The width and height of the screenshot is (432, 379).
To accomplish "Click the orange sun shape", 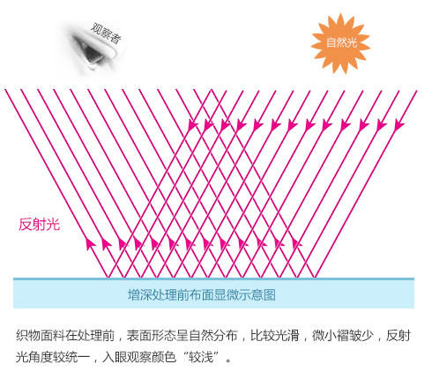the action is click(340, 43).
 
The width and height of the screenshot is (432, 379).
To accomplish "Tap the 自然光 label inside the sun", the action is click(341, 42).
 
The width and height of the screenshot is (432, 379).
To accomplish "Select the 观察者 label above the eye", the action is click(106, 33).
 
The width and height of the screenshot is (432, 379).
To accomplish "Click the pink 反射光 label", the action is click(40, 225).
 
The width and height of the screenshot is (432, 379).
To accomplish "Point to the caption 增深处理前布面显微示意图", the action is click(202, 294).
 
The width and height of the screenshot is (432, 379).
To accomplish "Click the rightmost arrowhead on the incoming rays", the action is click(398, 125).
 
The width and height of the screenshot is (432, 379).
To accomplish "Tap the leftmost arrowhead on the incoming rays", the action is click(192, 125).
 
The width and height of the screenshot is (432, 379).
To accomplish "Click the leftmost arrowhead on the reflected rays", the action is click(89, 243).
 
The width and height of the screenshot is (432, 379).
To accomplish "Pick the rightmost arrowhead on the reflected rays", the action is click(296, 243).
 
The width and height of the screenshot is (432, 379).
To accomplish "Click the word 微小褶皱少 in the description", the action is click(343, 336).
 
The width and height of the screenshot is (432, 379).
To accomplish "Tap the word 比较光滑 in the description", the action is click(275, 336).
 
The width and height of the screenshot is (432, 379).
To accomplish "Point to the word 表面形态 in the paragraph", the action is click(152, 336).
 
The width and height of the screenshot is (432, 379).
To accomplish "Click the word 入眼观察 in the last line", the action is click(127, 357).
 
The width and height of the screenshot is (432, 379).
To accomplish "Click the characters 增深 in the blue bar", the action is click(140, 294).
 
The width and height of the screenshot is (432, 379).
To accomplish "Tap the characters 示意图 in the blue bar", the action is click(257, 294).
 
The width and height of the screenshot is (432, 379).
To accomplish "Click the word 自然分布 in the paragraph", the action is click(213, 336).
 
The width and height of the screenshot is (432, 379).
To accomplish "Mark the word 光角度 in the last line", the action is click(34, 357).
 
